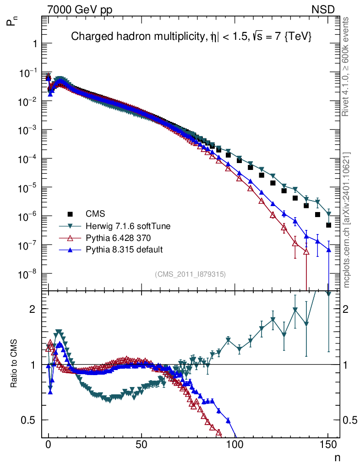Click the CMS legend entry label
[x=95, y=213]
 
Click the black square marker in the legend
[x=71, y=213]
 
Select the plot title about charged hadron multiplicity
[x=191, y=38]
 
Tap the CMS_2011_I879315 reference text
[x=190, y=274]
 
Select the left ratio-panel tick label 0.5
[x=30, y=420]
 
